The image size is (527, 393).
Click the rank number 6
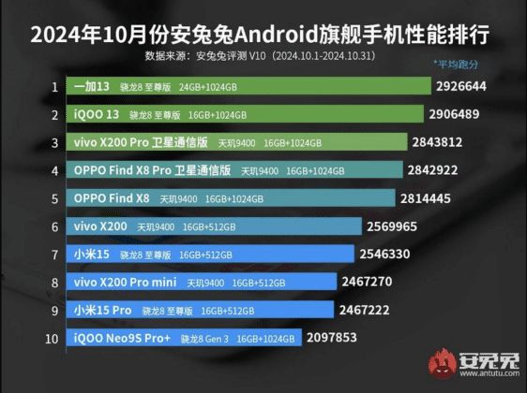(x=55, y=226)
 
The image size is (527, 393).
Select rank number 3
(x=55, y=143)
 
